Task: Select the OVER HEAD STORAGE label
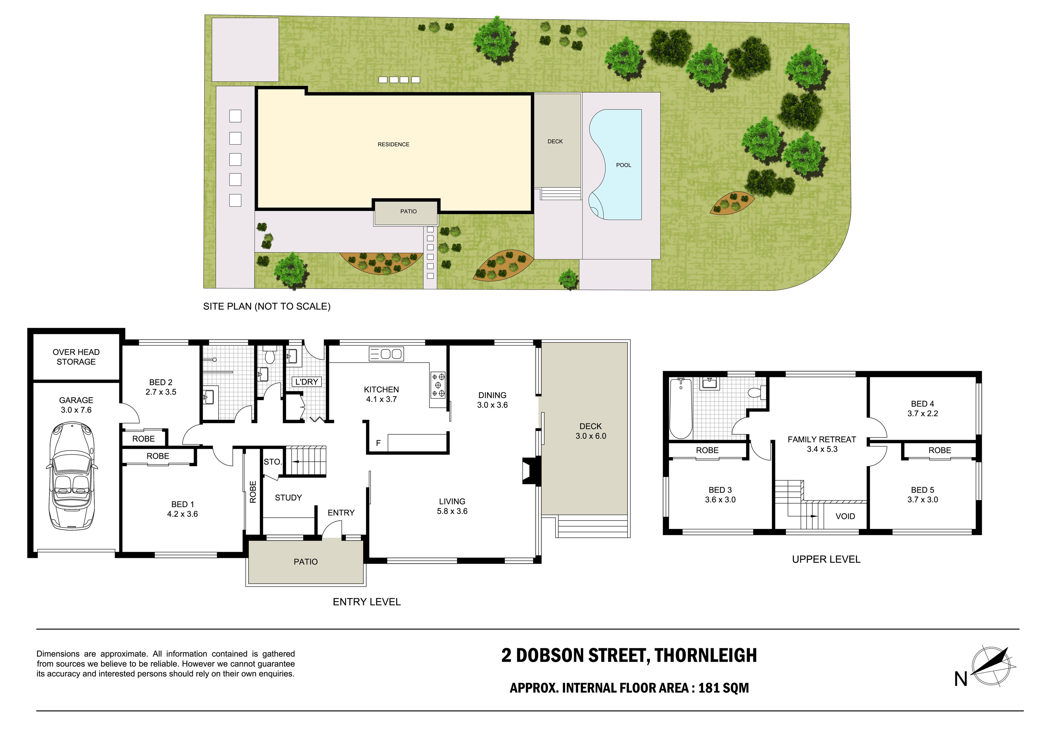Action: tap(76, 357)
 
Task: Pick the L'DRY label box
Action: tap(307, 382)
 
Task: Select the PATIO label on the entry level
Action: tap(306, 562)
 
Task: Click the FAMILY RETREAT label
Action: tap(822, 439)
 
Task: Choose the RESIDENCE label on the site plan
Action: tap(394, 145)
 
